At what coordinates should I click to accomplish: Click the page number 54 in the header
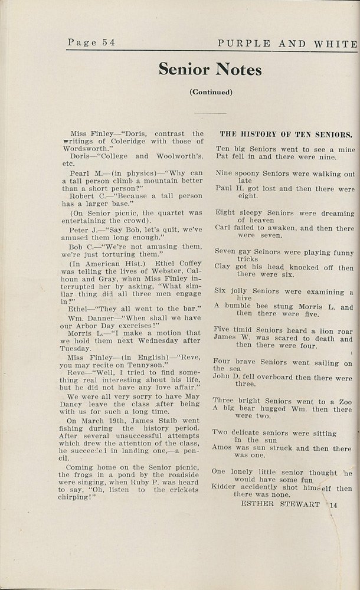107,42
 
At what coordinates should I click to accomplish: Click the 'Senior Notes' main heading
210,70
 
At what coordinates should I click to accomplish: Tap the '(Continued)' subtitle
210,92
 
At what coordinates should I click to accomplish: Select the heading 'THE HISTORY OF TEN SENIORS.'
286,134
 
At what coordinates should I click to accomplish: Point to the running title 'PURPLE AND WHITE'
287,43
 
